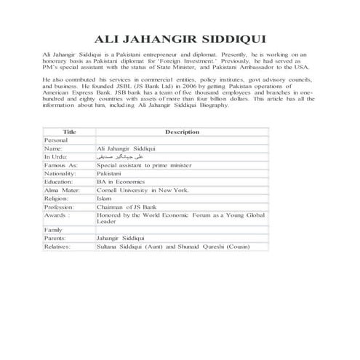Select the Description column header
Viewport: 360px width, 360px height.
[x=182, y=132]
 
